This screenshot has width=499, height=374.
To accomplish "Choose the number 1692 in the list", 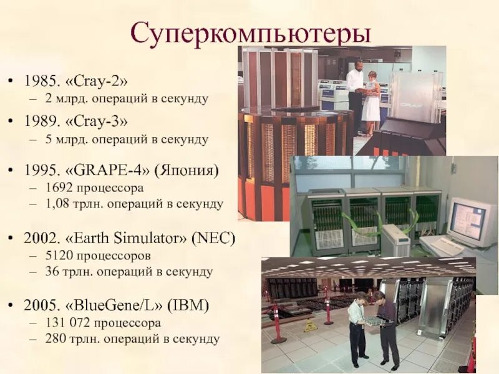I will point(58,188).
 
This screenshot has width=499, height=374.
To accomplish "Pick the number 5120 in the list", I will point(58,256).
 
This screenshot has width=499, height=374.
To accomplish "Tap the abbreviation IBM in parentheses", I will point(190,305).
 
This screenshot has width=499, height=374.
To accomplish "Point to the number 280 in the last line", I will point(55,339).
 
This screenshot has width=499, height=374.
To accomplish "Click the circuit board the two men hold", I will point(377,322).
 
